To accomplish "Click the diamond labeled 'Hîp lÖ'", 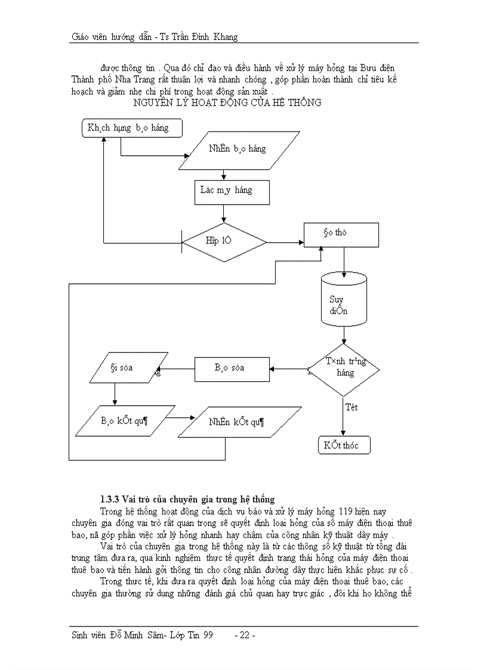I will pos(224,242).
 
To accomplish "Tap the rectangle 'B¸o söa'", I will pos(232,368).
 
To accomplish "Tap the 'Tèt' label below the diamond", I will pos(352,407).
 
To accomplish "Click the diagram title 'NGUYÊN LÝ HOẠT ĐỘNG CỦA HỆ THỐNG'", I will pos(227,103).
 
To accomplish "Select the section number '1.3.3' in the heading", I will pos(110,499).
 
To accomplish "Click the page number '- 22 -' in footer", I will pos(245,635).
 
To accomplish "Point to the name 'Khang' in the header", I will pos(224,37).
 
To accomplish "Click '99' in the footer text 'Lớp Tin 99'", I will pos(207,635).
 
